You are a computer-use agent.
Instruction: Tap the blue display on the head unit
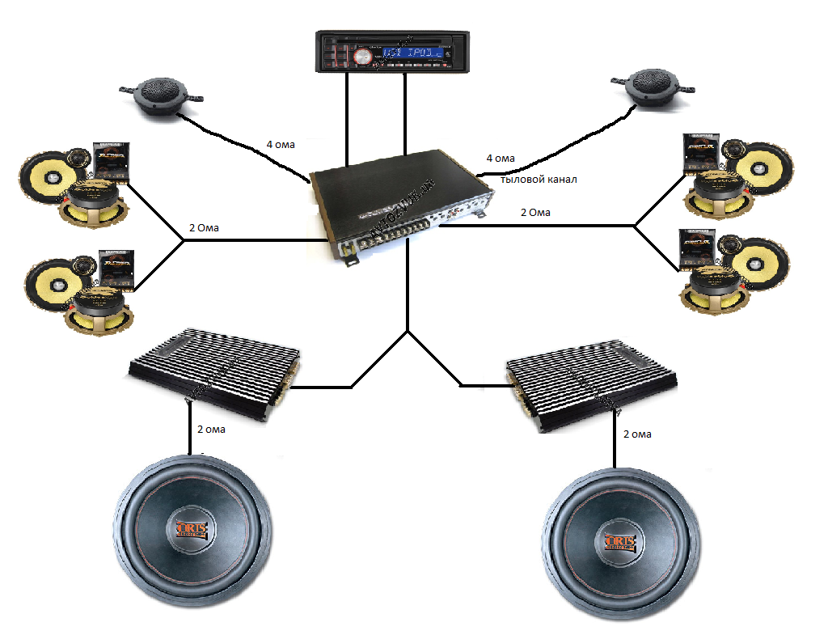tap(413, 54)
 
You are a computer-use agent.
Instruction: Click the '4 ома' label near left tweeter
tap(281, 145)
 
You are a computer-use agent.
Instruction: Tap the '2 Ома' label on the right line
tap(534, 212)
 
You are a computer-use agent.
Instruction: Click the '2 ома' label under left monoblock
tap(211, 430)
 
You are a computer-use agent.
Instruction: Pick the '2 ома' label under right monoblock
tap(637, 434)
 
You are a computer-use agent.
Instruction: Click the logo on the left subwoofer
tap(192, 530)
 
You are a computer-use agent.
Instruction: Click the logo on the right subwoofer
tap(619, 540)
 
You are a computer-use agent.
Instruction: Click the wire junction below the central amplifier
tap(408, 330)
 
